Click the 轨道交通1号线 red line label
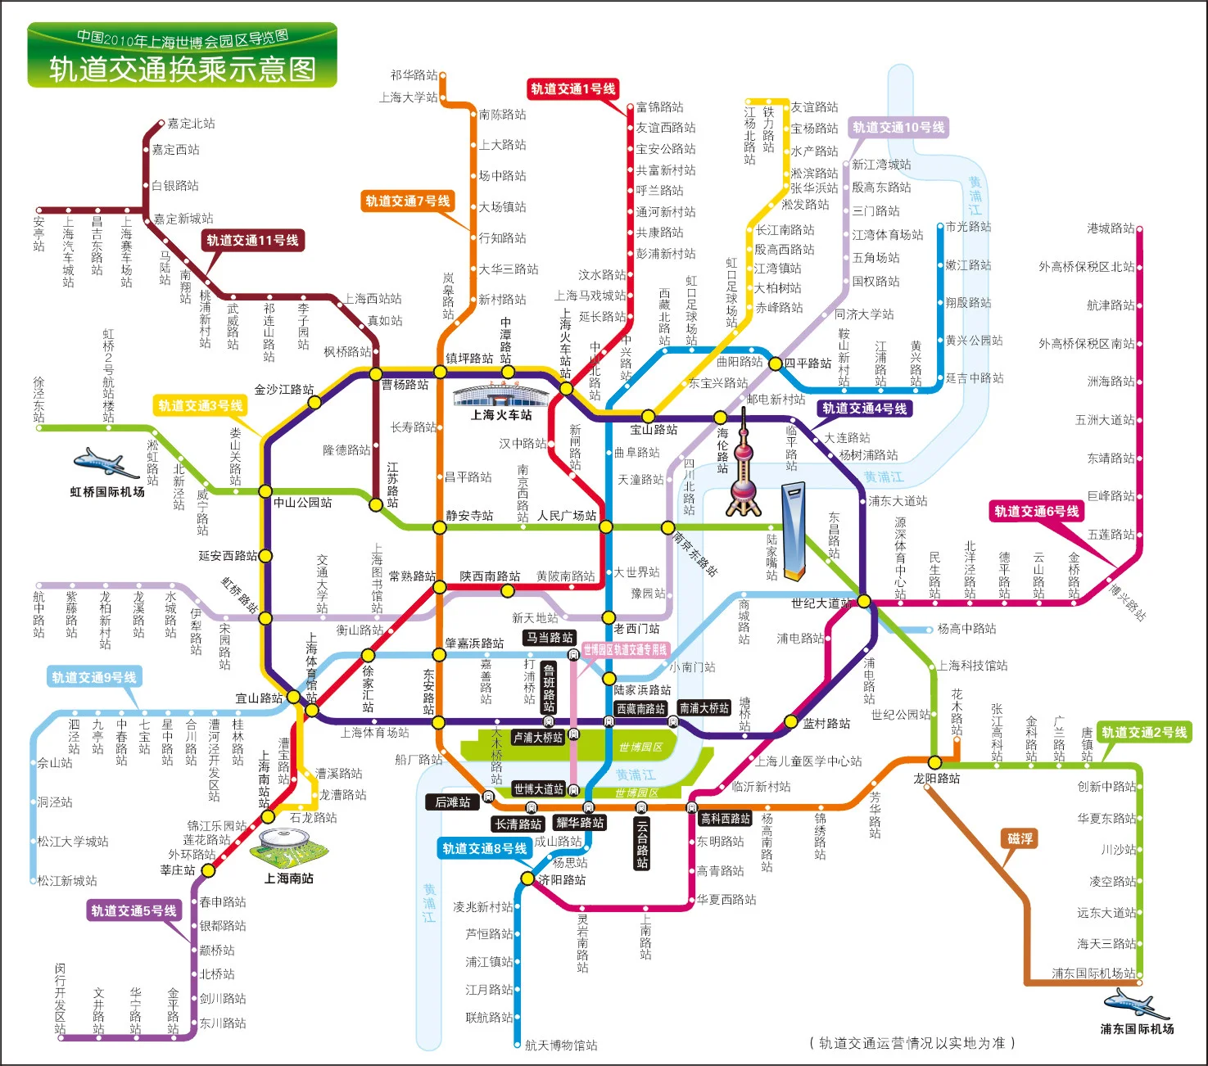coord(572,89)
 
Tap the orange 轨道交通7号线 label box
coord(407,201)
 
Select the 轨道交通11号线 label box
coord(252,240)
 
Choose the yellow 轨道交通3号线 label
coord(201,405)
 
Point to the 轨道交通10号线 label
coord(898,127)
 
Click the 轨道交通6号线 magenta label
coord(1037,512)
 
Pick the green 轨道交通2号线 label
coord(1143,732)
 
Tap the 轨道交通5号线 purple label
coord(133,910)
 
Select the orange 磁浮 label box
coord(1020,838)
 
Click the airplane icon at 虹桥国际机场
coord(105,463)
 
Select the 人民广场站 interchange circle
coord(605,526)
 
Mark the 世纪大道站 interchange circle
coord(863,601)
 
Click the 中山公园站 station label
coord(302,502)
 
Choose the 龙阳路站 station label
coord(937,778)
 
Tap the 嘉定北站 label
coord(191,124)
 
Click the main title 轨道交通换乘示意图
coord(183,69)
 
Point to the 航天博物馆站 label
coord(561,1045)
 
